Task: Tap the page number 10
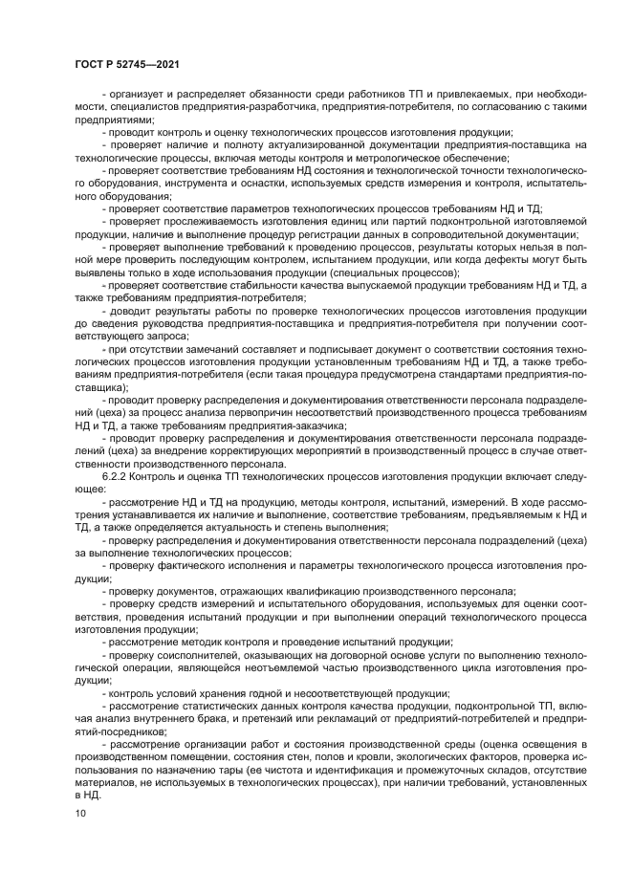click(x=79, y=814)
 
